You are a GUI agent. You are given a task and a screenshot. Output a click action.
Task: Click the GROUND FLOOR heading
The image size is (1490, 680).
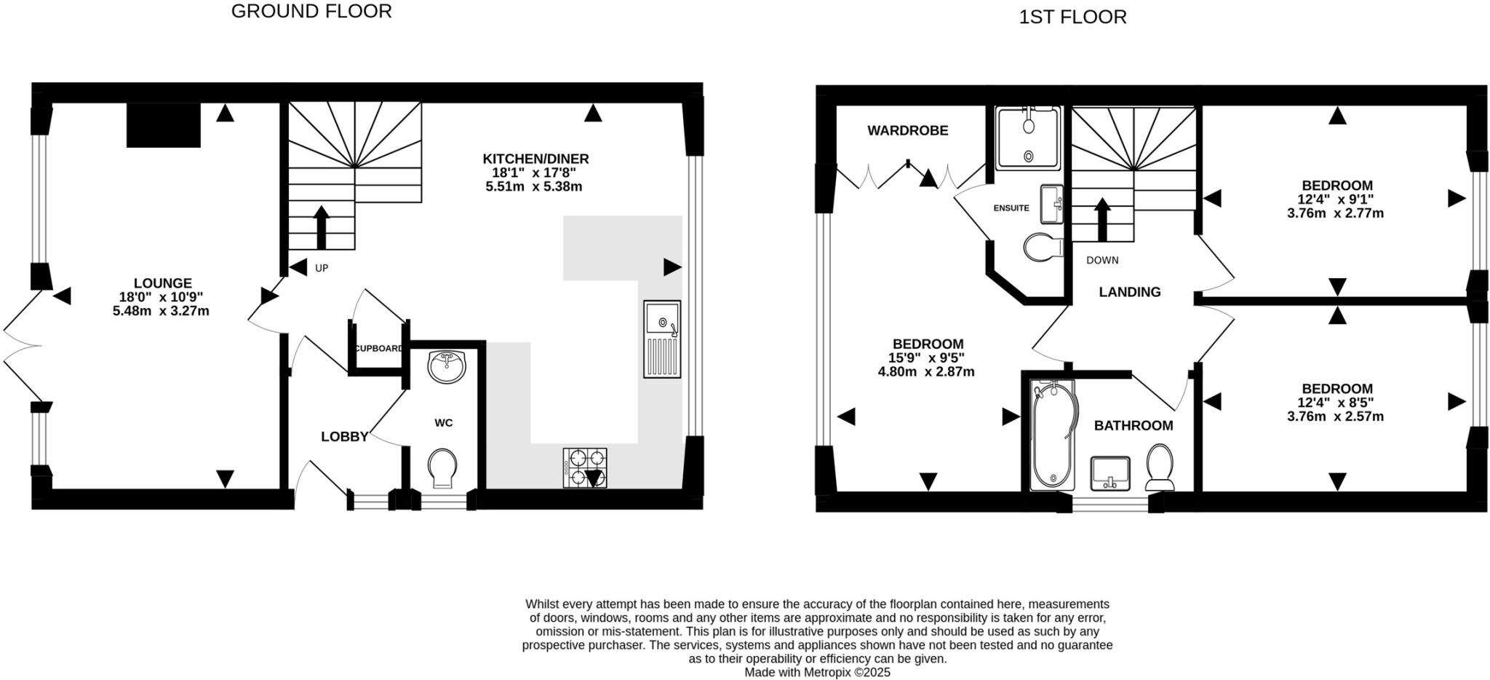click(x=311, y=12)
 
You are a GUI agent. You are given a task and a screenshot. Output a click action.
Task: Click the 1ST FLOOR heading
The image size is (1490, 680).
click(x=1072, y=17)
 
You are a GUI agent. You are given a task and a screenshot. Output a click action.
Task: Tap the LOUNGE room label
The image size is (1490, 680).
click(x=162, y=283)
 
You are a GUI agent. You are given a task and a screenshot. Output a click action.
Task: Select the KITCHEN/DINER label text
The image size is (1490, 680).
click(x=535, y=159)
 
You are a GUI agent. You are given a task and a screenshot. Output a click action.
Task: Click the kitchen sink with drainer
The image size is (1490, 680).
click(x=661, y=339)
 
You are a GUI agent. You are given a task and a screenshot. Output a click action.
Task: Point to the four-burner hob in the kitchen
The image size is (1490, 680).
click(x=584, y=467)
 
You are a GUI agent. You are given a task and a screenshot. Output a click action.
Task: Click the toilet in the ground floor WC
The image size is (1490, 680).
click(x=442, y=467)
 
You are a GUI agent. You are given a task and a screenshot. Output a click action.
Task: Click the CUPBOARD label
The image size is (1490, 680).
click(x=378, y=349)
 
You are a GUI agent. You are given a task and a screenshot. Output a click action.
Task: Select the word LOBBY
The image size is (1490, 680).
click(x=344, y=437)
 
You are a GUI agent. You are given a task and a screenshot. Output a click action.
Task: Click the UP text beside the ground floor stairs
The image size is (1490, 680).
click(x=322, y=268)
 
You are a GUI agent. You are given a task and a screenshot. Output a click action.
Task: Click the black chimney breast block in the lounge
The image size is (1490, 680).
click(x=163, y=125)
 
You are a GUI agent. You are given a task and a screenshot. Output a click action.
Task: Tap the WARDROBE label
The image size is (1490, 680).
click(x=907, y=131)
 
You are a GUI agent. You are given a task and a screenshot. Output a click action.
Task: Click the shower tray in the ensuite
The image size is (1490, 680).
click(x=1027, y=138)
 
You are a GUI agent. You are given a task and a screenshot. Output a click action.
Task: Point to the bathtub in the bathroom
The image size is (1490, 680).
click(x=1052, y=435)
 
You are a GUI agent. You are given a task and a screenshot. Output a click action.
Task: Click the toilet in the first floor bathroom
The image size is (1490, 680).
click(x=1160, y=467)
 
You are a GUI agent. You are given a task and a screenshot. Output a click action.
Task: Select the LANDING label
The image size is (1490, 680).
click(x=1129, y=292)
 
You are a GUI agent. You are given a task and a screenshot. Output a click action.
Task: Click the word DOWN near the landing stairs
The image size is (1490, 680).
click(x=1101, y=260)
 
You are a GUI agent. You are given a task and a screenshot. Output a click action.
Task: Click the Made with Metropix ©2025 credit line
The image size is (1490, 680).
click(x=817, y=673)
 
